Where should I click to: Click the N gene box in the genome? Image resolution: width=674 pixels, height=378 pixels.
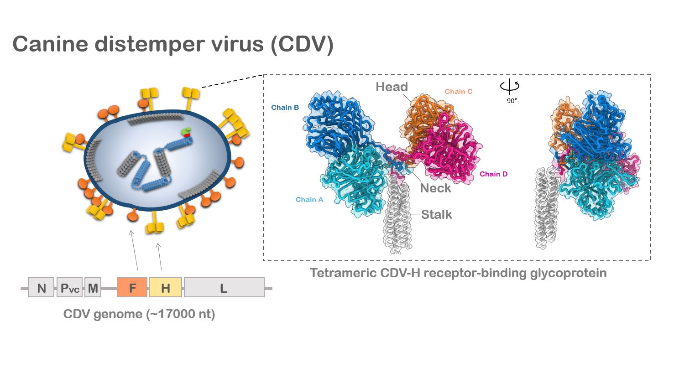41,288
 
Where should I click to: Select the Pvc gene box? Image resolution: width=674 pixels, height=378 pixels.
69,288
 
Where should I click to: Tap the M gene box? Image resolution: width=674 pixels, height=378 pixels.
93,288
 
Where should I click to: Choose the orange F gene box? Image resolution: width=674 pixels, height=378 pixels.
132,288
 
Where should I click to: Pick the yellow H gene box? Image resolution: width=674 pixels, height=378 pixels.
165,288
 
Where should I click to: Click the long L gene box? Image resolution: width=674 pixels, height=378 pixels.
224,288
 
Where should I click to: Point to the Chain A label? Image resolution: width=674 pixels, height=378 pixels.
309,200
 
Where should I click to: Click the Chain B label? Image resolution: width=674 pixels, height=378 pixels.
285,108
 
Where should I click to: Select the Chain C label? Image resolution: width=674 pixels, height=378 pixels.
458,92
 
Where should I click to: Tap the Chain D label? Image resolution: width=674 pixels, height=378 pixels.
493,174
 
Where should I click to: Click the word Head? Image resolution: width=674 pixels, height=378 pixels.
392,87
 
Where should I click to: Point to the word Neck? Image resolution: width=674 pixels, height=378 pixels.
435,188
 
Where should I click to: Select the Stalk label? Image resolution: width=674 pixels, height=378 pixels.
436,215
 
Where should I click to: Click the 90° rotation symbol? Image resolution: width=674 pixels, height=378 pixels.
510,87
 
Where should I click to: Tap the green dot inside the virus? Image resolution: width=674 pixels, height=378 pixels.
185,131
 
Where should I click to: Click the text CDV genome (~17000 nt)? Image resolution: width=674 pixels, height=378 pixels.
139,314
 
